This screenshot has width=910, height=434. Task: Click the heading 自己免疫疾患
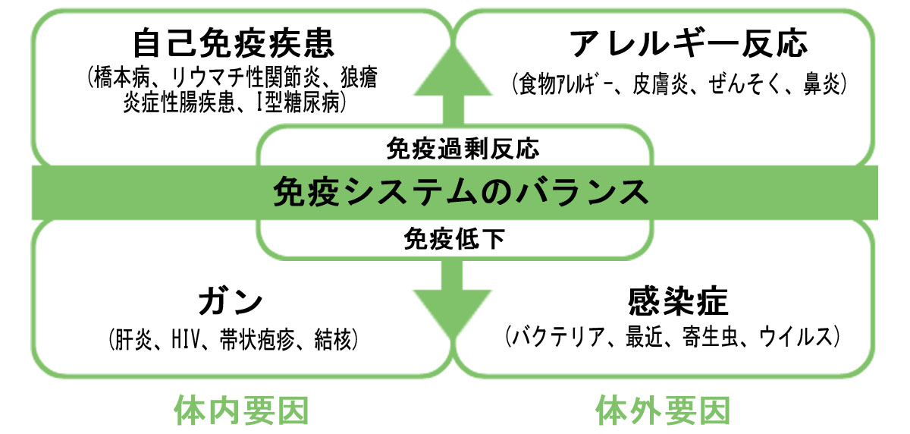coord(233,45)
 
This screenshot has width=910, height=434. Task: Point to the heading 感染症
coord(678,302)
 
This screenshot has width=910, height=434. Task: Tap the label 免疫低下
coord(455,240)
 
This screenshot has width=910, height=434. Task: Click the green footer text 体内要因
coord(242,410)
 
